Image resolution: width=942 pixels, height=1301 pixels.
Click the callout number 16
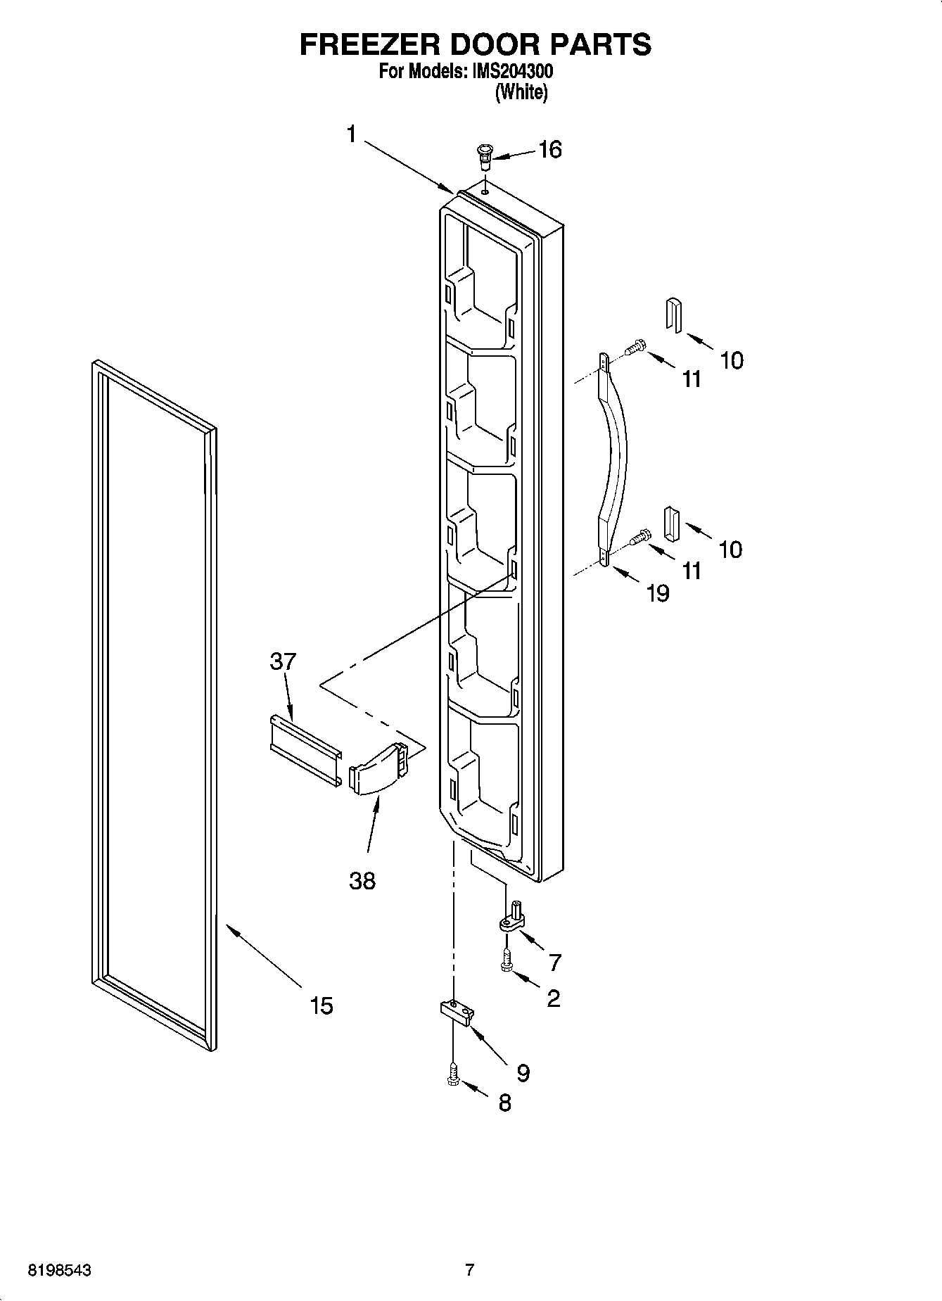(x=550, y=150)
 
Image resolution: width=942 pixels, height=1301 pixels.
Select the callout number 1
(x=352, y=134)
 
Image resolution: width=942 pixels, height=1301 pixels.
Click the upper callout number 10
(x=732, y=360)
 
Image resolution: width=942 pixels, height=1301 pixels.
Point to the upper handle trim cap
(x=673, y=314)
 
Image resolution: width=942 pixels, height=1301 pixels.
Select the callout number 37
(x=283, y=661)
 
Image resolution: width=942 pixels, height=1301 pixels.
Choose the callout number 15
(x=322, y=1005)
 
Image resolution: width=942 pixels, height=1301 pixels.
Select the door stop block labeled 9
(x=457, y=1013)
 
